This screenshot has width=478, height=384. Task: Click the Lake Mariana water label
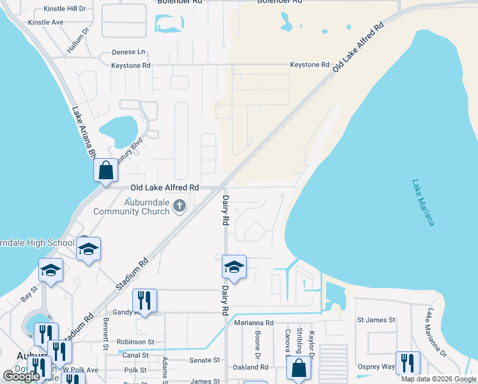point(423,202)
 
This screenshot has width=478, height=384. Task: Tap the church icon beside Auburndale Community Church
point(180,205)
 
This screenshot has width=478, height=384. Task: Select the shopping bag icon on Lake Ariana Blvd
point(105,171)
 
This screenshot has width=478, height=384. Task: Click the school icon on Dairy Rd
point(234,267)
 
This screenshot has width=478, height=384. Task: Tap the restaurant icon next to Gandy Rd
point(144,300)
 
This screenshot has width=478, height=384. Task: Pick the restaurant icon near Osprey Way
point(407,362)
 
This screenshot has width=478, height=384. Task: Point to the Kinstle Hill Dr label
point(64,9)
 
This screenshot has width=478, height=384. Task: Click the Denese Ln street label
point(128,51)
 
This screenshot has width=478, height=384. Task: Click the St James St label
point(376,319)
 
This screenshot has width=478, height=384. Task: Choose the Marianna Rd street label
point(254,323)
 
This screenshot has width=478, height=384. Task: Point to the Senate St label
point(204,360)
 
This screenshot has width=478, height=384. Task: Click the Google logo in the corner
point(22,376)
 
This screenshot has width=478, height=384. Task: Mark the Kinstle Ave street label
point(45,22)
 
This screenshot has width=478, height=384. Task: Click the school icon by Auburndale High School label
point(88,248)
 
